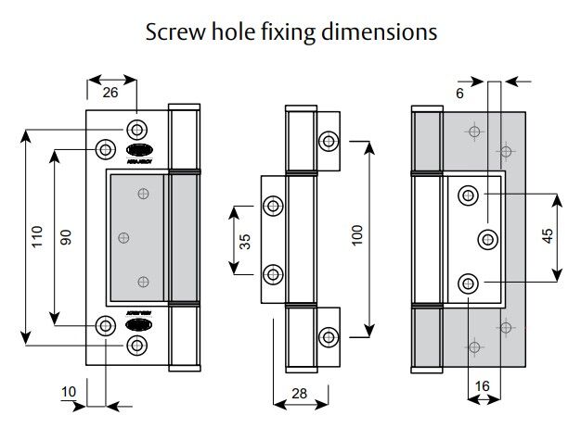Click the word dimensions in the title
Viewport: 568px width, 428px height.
click(x=384, y=32)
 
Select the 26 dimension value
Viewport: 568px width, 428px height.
click(x=111, y=93)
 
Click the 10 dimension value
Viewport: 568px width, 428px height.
click(x=69, y=392)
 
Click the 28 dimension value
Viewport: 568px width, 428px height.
click(x=298, y=394)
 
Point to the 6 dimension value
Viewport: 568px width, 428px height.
click(x=460, y=94)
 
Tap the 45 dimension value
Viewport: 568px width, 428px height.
click(x=547, y=237)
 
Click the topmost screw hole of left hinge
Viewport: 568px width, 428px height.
click(x=137, y=128)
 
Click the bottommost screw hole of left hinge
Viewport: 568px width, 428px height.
click(x=137, y=346)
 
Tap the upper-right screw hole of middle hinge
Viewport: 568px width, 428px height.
click(x=329, y=141)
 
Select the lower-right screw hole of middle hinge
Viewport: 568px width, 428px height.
click(x=329, y=335)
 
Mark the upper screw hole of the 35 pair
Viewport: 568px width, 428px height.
click(x=273, y=206)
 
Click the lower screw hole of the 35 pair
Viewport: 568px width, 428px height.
click(x=273, y=274)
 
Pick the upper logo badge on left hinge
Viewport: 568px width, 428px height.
click(x=136, y=149)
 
